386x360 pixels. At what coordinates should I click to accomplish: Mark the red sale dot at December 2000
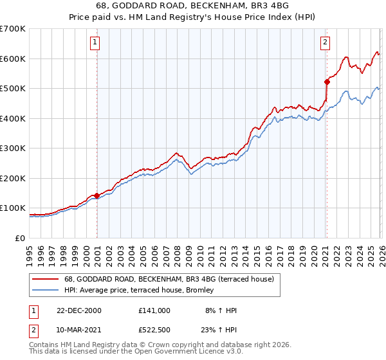coord(96,195)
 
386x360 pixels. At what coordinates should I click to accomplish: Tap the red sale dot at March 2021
coord(326,82)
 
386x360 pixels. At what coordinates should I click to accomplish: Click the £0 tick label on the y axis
coord(19,238)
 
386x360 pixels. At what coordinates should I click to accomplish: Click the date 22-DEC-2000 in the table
coord(78,310)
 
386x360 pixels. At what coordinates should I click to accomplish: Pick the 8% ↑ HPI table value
coord(221,310)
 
